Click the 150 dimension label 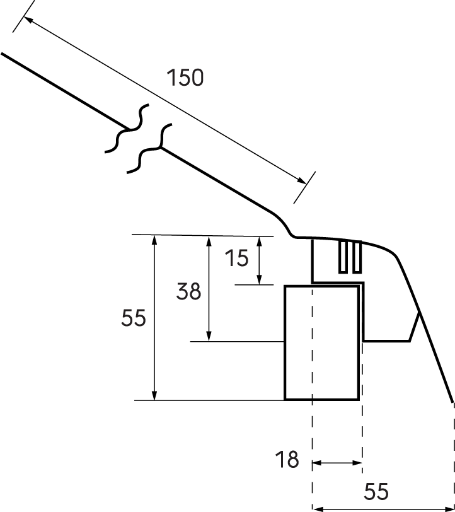185,78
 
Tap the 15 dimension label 237,258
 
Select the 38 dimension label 188,291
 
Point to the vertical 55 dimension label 134,318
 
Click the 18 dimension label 287,460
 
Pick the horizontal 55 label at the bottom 376,491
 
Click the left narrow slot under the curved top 343,257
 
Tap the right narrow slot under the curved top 357,257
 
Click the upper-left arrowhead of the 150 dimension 29,20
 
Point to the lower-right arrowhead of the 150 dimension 302,180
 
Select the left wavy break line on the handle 128,129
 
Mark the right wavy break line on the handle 150,149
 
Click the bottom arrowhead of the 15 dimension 259,280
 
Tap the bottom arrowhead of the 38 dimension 209,336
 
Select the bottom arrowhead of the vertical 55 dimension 155,395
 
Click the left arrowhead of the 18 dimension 317,463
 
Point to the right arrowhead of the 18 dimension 357,463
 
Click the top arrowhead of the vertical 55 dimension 155,240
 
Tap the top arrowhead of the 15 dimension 259,241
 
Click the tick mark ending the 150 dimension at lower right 304,187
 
